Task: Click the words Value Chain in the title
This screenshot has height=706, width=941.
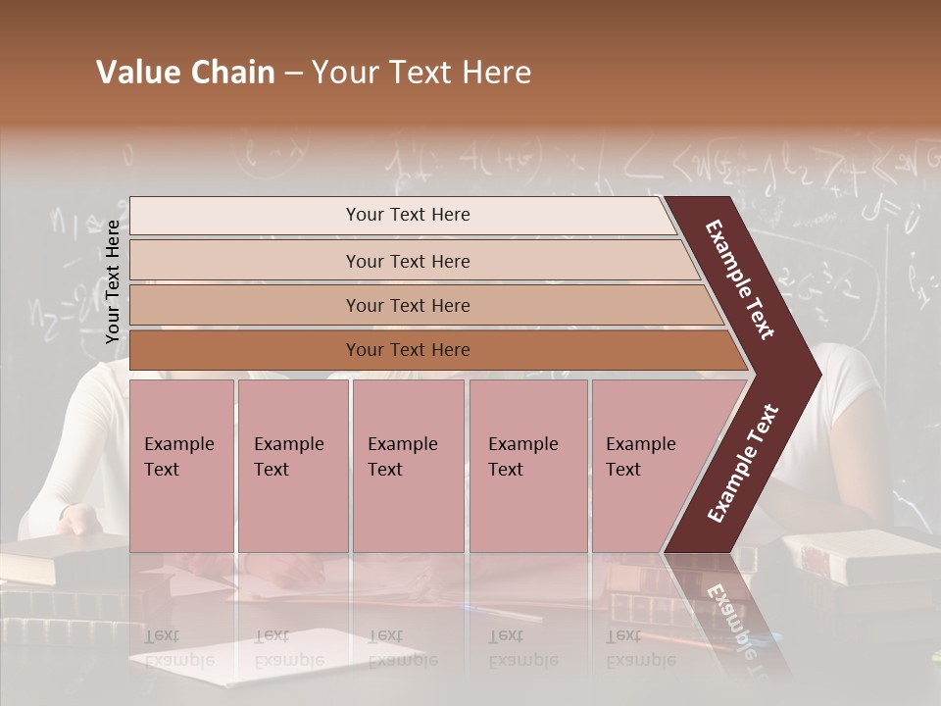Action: coord(185,73)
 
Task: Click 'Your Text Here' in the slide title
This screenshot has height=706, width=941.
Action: coord(421,73)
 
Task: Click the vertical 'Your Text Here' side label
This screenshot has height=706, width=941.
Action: coord(113,282)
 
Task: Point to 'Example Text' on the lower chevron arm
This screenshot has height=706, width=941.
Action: coord(743,464)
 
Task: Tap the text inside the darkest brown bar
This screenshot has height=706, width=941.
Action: coord(408,350)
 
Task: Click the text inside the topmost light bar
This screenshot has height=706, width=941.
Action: coord(408,215)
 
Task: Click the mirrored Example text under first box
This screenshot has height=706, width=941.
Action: coord(178,647)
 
